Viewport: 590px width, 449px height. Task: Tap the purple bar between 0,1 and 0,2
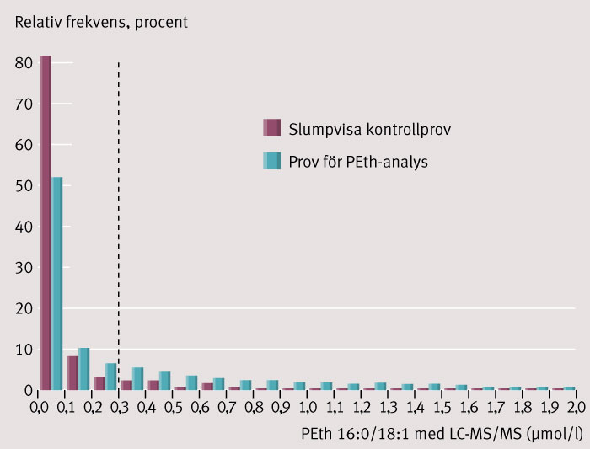[72, 373]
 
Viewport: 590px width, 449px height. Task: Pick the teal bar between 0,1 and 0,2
[83, 369]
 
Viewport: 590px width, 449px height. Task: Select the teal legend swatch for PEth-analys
[271, 161]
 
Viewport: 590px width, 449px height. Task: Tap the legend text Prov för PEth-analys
[358, 161]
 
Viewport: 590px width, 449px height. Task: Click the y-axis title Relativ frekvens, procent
[100, 21]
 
